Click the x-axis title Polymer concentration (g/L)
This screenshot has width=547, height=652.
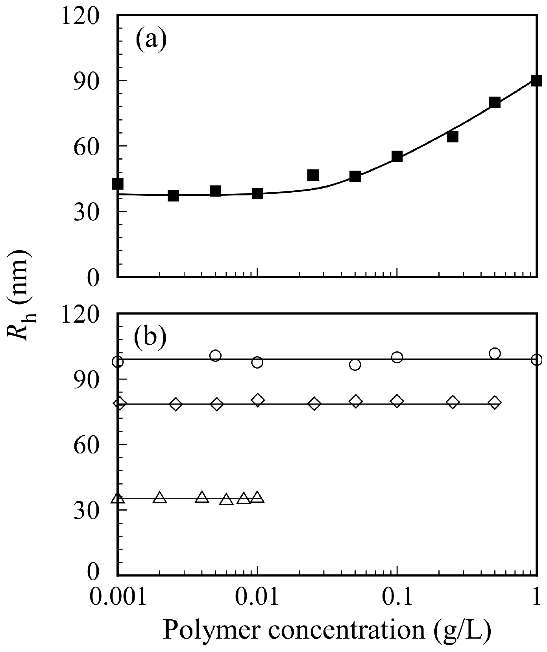(x=327, y=629)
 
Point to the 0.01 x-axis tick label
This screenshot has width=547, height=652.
(x=257, y=598)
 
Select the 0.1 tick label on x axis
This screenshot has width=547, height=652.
(x=397, y=598)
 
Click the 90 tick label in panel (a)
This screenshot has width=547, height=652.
(x=92, y=80)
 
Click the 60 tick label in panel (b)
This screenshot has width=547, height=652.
(x=92, y=444)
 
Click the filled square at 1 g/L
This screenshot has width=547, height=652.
(x=536, y=81)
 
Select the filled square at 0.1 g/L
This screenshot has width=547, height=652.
(x=397, y=156)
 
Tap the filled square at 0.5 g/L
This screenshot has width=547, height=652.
(x=495, y=102)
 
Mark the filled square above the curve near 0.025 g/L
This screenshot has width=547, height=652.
(x=313, y=175)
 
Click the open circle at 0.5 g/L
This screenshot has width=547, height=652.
(x=495, y=353)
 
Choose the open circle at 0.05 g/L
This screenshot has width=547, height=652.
(x=355, y=365)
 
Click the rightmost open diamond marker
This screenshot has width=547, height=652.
(x=495, y=402)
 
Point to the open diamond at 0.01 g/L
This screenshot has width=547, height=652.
(x=257, y=400)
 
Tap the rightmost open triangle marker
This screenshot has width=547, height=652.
(x=257, y=498)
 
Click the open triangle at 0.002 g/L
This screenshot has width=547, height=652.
(x=160, y=498)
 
